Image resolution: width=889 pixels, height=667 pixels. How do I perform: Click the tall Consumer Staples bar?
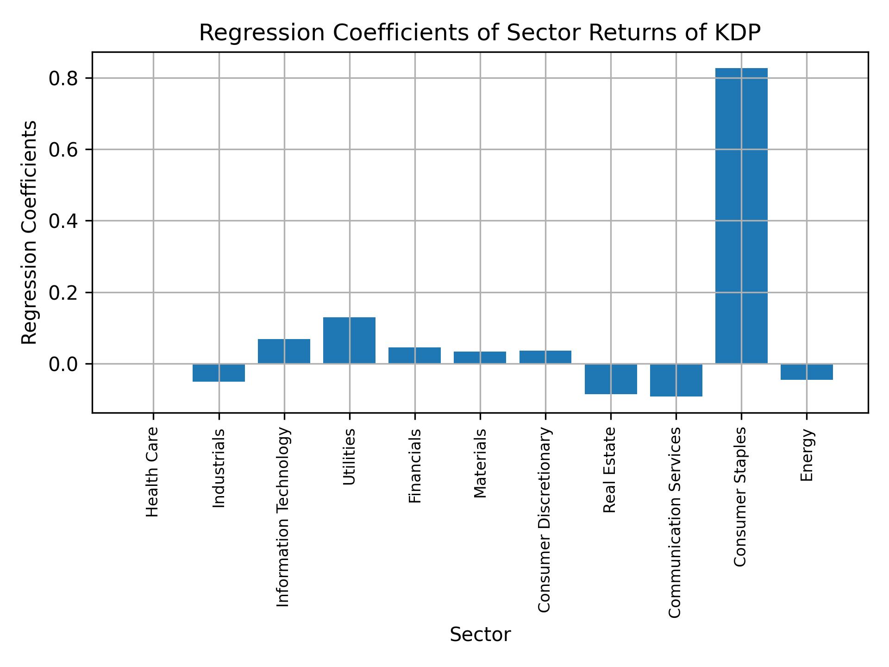(x=741, y=215)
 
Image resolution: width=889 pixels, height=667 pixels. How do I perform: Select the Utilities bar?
(x=349, y=340)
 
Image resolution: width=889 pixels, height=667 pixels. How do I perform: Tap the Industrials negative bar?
(x=219, y=373)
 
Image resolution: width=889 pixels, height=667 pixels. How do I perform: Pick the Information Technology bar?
(x=284, y=351)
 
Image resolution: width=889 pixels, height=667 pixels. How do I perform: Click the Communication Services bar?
(x=676, y=380)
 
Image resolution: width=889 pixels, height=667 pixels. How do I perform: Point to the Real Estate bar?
(x=611, y=379)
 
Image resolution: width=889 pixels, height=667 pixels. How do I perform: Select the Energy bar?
(x=807, y=372)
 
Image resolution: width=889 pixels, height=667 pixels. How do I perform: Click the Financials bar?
(x=414, y=355)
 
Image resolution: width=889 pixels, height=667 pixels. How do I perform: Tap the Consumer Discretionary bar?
(x=545, y=357)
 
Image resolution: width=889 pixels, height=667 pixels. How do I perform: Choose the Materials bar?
(x=480, y=358)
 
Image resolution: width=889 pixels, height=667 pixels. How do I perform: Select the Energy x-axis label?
(x=807, y=455)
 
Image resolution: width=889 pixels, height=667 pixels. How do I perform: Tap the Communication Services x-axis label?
(x=675, y=522)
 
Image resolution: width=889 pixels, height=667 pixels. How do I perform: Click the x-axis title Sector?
(x=480, y=635)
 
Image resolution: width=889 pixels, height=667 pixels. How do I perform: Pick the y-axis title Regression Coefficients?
(x=30, y=232)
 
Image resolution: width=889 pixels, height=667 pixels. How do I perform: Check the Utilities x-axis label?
(x=349, y=457)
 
